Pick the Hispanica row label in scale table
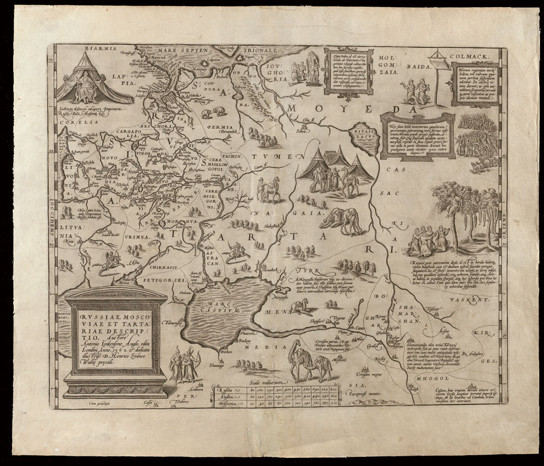coord(226,404)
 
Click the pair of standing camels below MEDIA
coord(303,362)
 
